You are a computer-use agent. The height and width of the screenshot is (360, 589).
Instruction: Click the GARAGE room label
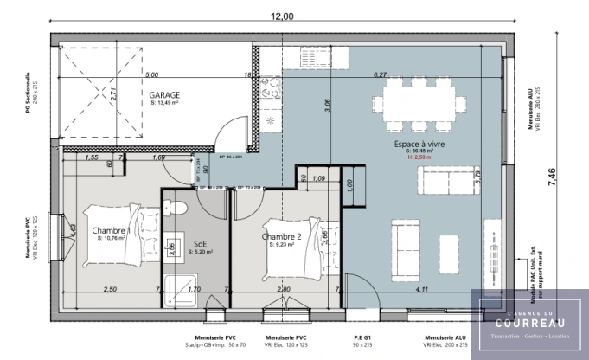click(164, 94)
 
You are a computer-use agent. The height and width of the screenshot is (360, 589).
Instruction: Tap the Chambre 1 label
click(112, 231)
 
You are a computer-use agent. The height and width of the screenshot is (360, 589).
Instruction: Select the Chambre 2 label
click(282, 237)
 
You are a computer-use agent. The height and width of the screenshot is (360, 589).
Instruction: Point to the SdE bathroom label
click(200, 244)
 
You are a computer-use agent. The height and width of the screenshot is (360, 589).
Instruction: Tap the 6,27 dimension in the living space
click(379, 75)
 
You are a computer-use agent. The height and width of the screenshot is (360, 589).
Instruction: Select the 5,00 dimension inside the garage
click(151, 75)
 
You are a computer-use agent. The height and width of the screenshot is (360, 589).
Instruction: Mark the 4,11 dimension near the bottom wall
click(421, 289)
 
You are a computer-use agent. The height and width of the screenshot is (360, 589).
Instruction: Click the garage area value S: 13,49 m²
click(164, 103)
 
